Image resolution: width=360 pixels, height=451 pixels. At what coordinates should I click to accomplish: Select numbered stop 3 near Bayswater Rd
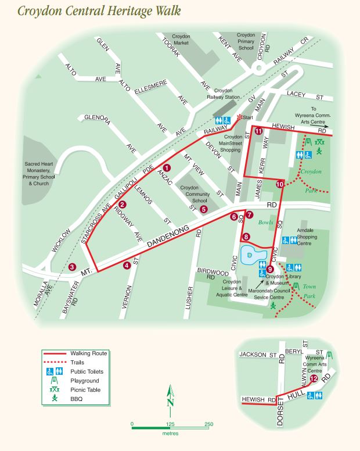click(72, 267)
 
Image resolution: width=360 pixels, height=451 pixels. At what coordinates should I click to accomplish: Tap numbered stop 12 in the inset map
click(314, 379)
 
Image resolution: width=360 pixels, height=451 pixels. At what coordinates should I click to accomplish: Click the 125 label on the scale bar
click(170, 424)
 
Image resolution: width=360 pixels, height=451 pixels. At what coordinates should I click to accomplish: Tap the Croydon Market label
click(182, 40)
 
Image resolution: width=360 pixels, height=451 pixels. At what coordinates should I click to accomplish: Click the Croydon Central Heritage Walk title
click(99, 11)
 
